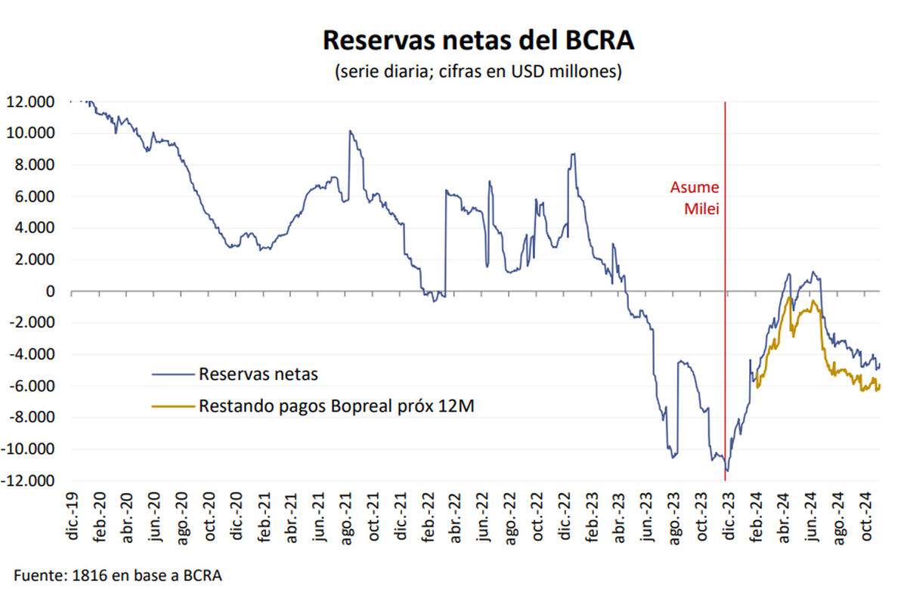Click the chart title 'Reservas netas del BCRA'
tap(478, 40)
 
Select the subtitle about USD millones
tap(478, 72)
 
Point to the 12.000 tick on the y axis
tap(31, 102)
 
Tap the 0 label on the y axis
tap(51, 291)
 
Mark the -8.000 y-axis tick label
tap(32, 418)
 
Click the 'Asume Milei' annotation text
tap(695, 197)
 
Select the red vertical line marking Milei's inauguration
tap(726, 340)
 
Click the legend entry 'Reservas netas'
tap(258, 373)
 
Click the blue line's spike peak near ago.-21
tap(349, 131)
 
